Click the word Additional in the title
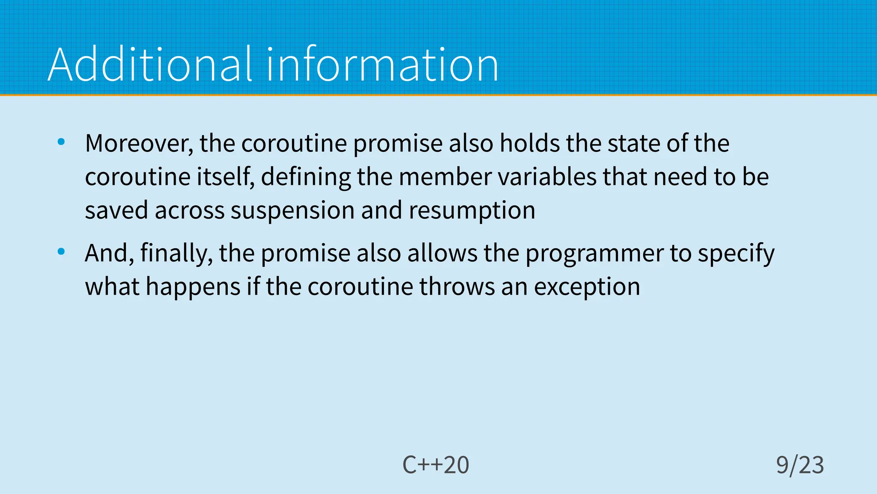[150, 65]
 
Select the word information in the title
[382, 65]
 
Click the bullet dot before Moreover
[61, 142]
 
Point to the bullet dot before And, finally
[61, 252]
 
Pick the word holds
[530, 143]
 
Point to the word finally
[176, 253]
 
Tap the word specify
[736, 253]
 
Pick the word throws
[457, 286]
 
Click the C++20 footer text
[436, 465]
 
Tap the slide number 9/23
[799, 465]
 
